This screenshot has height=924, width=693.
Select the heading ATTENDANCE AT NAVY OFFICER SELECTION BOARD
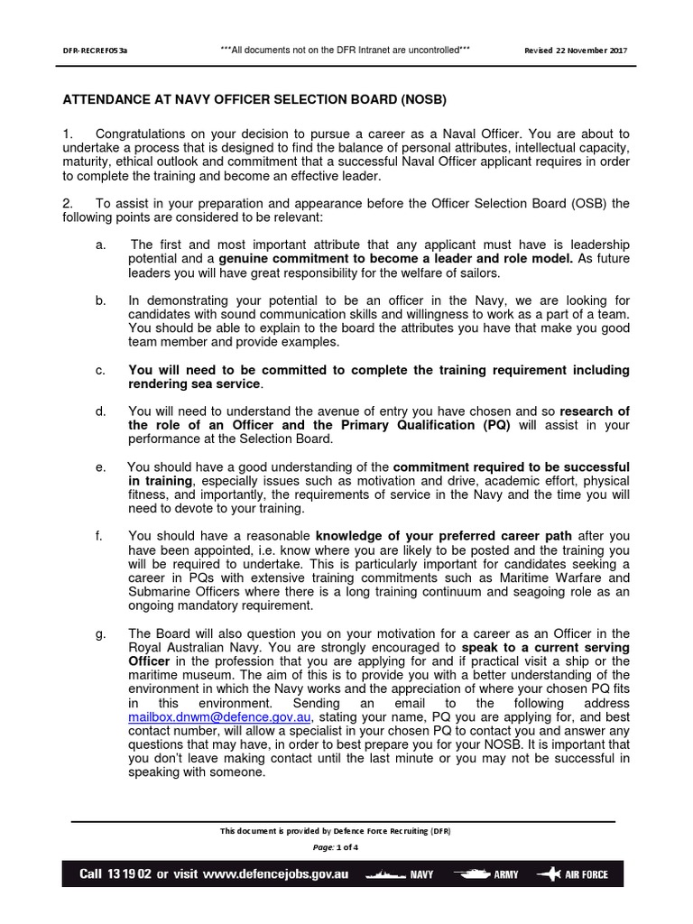click(254, 98)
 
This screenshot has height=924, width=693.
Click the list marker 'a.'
click(100, 245)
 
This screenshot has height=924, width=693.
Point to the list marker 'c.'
click(100, 370)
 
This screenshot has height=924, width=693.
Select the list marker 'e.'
click(100, 467)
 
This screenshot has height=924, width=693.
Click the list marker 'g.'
click(100, 633)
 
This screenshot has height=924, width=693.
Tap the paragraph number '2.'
click(69, 203)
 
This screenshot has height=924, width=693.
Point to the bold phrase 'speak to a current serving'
click(545, 648)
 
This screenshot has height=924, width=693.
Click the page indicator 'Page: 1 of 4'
click(335, 847)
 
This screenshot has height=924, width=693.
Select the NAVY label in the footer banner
click(422, 875)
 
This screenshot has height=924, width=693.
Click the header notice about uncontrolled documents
click(346, 50)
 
